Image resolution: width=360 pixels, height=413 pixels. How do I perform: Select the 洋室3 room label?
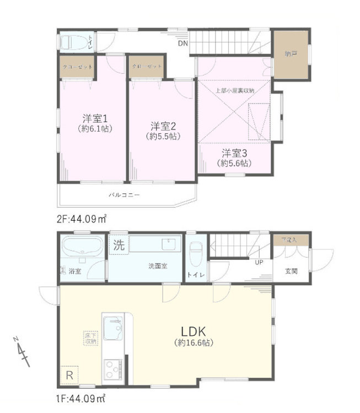tap(234, 153)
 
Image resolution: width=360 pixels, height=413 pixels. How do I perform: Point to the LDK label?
tap(192, 331)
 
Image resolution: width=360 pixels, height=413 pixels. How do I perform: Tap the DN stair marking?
tap(182, 43)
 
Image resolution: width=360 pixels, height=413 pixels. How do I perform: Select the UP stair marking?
tap(258, 262)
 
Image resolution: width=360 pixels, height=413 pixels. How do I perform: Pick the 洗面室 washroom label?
tap(158, 266)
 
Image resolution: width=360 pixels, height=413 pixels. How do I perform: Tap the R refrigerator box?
tap(69, 375)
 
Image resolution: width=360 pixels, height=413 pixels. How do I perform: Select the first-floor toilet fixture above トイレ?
tap(196, 254)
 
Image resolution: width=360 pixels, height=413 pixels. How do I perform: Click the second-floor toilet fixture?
tap(76, 42)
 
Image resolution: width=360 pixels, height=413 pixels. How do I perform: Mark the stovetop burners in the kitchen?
tap(113, 368)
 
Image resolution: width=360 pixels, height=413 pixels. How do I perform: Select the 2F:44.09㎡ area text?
tap(82, 219)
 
